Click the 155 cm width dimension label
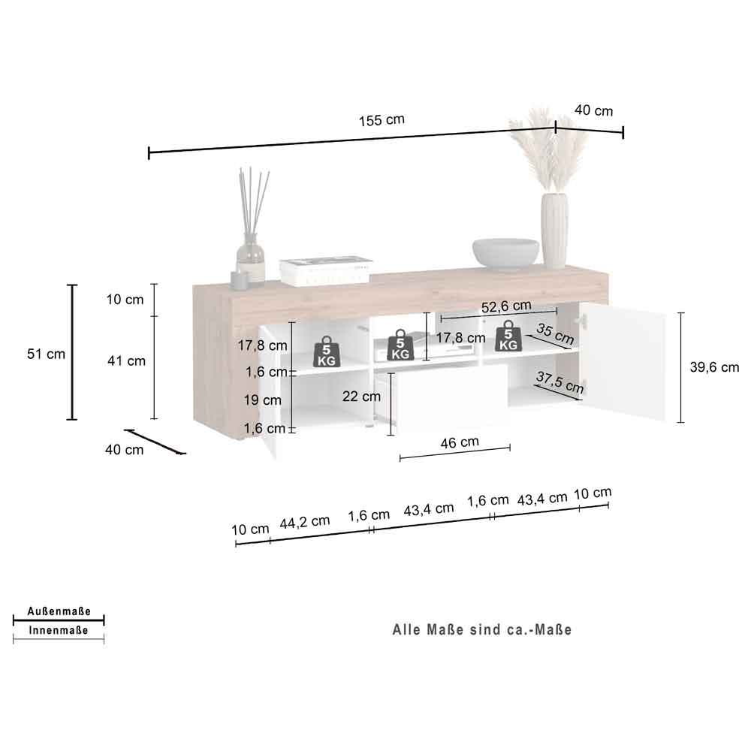pyautogui.click(x=382, y=119)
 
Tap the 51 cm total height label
pyautogui.click(x=46, y=354)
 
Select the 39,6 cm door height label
pyautogui.click(x=714, y=367)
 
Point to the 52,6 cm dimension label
pyautogui.click(x=506, y=306)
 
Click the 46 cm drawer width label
pyautogui.click(x=460, y=442)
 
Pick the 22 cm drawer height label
pyautogui.click(x=362, y=396)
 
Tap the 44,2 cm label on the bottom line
pyautogui.click(x=305, y=522)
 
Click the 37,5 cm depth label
pyautogui.click(x=560, y=382)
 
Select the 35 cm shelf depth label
pyautogui.click(x=555, y=333)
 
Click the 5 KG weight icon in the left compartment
pyautogui.click(x=327, y=352)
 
